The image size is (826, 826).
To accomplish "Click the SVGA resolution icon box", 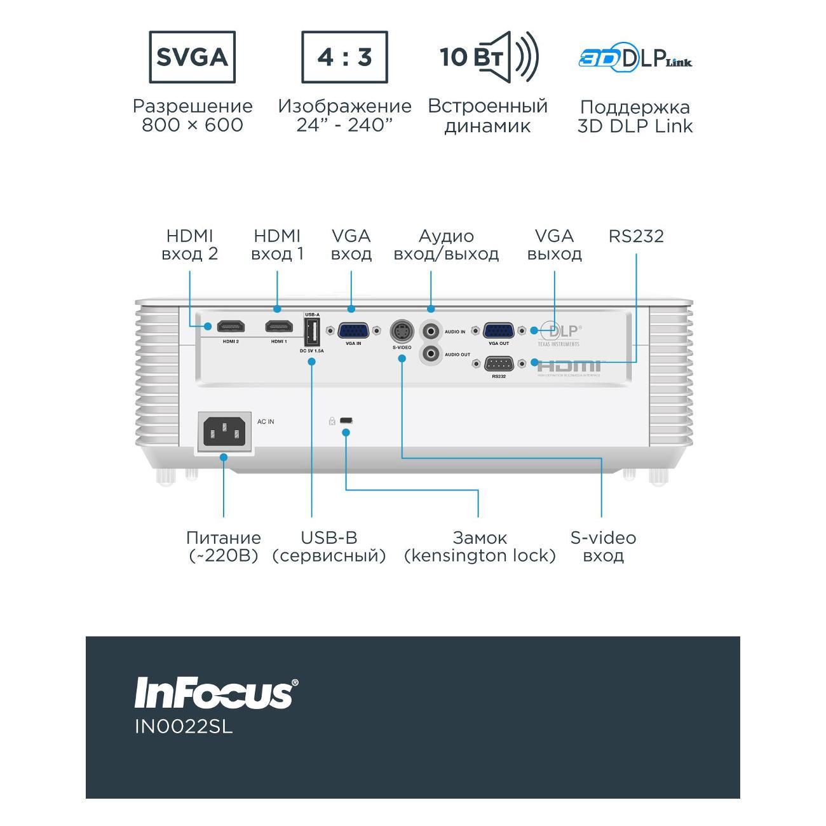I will coord(192,57).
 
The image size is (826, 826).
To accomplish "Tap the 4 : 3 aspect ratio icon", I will coord(344,57).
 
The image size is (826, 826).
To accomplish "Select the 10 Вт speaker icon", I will coord(489,57).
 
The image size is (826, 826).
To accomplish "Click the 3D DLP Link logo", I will coord(635,59).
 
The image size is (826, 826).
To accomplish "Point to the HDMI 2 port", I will coord(231,327).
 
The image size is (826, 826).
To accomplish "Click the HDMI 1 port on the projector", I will coord(279,327).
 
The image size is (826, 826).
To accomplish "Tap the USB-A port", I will coord(312,332).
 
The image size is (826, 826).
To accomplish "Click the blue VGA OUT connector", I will coord(499,330).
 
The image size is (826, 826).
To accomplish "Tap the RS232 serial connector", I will coord(499,363).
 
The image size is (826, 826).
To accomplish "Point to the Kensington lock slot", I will coord(347,421).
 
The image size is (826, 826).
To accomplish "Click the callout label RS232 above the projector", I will coord(636,236).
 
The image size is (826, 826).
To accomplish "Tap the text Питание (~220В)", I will coord(224,546).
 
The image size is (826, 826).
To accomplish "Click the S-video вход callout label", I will coord(603,546).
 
